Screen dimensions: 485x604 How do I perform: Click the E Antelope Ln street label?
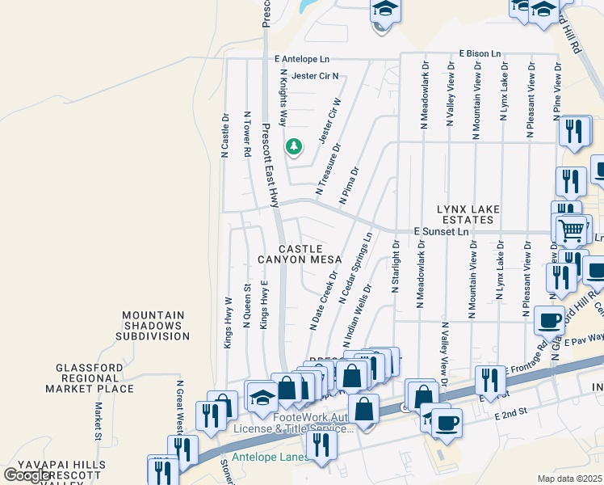(x=302, y=59)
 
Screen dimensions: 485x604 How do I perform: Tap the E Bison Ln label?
(x=486, y=53)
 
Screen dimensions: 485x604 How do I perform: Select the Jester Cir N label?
(x=315, y=76)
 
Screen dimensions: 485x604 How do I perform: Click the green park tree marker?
(x=294, y=146)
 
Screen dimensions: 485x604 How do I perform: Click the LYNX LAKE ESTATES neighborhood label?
(x=465, y=214)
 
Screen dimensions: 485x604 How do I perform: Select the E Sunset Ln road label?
(x=442, y=231)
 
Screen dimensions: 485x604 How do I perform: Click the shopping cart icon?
(x=571, y=231)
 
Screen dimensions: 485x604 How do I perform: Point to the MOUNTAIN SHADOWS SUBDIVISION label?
(x=157, y=325)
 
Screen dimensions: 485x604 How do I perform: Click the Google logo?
(x=27, y=475)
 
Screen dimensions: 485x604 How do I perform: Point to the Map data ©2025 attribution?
(x=569, y=479)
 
